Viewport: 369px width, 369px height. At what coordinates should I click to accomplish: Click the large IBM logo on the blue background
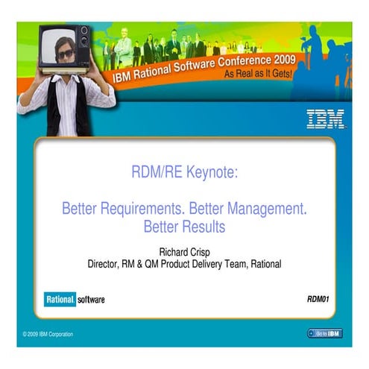325,119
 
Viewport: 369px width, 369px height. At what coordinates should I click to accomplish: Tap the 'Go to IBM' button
324,332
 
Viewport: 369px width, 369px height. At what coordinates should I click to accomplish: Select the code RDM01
318,299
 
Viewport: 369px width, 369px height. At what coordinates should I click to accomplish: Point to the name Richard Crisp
184,251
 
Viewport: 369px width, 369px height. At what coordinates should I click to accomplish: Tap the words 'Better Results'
184,224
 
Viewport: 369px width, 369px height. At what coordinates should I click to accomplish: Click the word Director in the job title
105,263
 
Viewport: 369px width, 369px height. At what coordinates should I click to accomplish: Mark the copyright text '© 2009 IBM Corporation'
48,333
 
